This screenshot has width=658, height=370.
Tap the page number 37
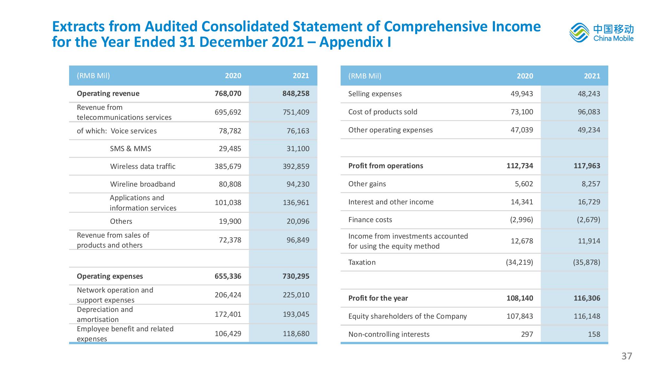tap(627, 356)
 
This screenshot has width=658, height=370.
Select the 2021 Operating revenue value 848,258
tap(296, 94)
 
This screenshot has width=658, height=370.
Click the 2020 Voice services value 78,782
tap(230, 131)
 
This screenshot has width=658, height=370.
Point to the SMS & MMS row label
tap(130, 149)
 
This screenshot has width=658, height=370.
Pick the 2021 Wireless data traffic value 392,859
tap(296, 167)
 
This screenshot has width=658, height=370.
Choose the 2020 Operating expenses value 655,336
tap(228, 276)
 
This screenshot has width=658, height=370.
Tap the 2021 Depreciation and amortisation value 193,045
tap(296, 314)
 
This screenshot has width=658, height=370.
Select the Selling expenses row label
tap(375, 94)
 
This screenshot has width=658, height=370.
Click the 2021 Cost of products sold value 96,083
tap(589, 112)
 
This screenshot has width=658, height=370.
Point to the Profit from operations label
tap(386, 166)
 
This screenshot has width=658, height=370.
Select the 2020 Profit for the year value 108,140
tap(520, 298)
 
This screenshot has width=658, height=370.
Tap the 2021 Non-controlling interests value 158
tap(594, 334)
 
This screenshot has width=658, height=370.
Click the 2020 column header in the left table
tap(233, 76)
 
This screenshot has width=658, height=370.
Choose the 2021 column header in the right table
tap(592, 76)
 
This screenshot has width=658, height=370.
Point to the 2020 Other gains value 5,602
tap(524, 184)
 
